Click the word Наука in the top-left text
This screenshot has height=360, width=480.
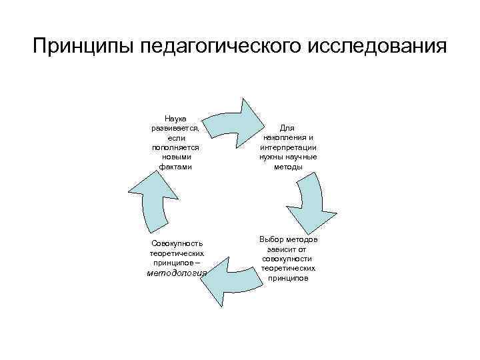point(176,117)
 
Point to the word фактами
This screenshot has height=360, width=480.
point(176,167)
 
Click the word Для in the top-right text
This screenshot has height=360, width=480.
point(287,127)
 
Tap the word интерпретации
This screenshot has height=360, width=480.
point(287,147)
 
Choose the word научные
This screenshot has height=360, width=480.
point(301,157)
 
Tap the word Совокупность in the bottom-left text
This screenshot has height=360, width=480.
point(177,243)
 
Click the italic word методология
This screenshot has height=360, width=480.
point(177,273)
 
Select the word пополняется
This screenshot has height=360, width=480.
point(176,147)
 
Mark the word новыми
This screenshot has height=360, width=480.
point(176,157)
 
